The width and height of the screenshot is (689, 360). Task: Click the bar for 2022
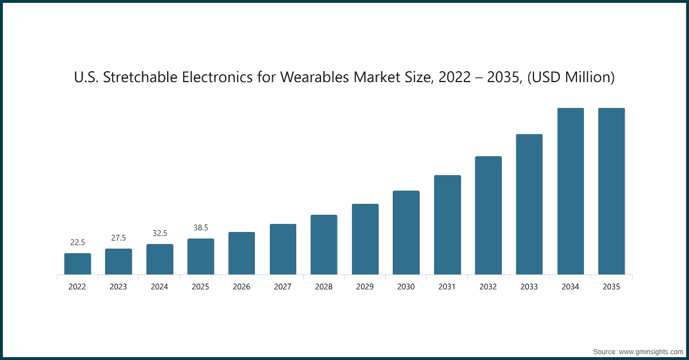(78, 264)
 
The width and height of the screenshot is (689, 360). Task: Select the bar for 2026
(242, 253)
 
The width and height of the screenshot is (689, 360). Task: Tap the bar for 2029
(365, 239)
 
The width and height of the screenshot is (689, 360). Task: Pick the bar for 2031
(447, 224)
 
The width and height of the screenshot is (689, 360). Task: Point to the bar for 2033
(529, 204)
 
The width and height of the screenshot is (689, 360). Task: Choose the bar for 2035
(611, 191)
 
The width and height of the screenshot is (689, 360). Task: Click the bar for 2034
(571, 191)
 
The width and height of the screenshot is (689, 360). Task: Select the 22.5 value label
(78, 243)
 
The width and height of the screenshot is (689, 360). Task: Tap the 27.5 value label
(118, 238)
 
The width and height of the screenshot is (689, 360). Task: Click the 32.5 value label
(160, 234)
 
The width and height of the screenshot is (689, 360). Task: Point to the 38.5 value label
(201, 228)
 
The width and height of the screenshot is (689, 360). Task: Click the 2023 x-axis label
(118, 287)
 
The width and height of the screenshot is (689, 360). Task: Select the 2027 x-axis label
(283, 287)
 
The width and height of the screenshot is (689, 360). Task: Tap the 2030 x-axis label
(406, 287)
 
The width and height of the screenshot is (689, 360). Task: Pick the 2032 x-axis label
(488, 287)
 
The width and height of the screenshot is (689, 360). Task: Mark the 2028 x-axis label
(324, 287)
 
